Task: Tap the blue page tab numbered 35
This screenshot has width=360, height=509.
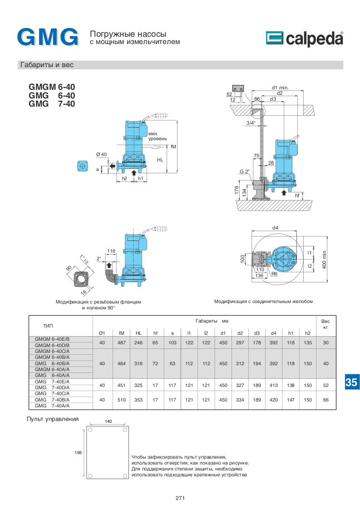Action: coord(351,382)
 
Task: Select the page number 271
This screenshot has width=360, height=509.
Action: coord(180,498)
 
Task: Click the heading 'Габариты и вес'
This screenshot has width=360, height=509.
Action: coord(47,65)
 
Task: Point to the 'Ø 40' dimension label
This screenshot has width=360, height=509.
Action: coord(101,155)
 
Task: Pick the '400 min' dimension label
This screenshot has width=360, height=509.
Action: coord(325,259)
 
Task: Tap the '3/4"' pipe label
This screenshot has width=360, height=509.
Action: coord(251,123)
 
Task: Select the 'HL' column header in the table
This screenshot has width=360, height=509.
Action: coord(138,333)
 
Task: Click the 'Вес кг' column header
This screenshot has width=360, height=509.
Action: coord(325,323)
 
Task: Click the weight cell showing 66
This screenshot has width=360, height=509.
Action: coord(325,400)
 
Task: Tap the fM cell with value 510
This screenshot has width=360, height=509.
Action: coord(121,400)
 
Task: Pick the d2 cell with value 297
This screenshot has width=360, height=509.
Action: coord(240,343)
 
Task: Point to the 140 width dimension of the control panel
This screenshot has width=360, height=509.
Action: coord(108,421)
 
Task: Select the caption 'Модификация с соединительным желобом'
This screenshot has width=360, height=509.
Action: coord(264,301)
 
